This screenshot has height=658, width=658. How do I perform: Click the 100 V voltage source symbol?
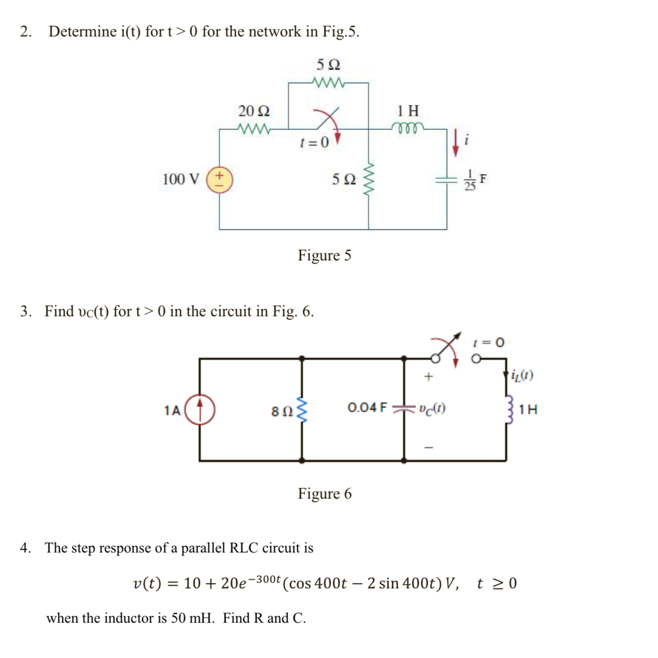tap(219, 179)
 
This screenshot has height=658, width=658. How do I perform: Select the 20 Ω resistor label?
tap(254, 111)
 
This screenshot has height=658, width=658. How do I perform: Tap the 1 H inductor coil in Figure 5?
tap(407, 127)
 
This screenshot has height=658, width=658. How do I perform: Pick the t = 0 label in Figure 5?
tap(314, 142)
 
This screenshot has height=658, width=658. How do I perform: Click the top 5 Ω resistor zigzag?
tap(328, 82)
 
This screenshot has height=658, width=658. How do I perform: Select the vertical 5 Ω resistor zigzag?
tap(368, 179)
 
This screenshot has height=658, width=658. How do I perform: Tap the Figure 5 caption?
tap(324, 255)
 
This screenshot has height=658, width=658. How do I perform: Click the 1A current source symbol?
tap(199, 409)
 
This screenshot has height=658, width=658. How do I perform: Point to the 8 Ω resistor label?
tap(281, 411)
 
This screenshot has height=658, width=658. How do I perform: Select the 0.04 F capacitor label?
tap(367, 408)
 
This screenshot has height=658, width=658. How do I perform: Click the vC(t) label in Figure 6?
tap(432, 409)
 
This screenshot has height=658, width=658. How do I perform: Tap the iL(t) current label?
tap(522, 376)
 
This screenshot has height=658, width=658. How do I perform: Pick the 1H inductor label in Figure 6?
tap(528, 409)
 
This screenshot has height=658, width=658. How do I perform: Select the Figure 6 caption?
tap(324, 493)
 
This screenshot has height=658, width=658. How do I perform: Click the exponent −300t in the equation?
tap(268, 579)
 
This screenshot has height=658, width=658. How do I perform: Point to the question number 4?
tap(25, 548)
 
